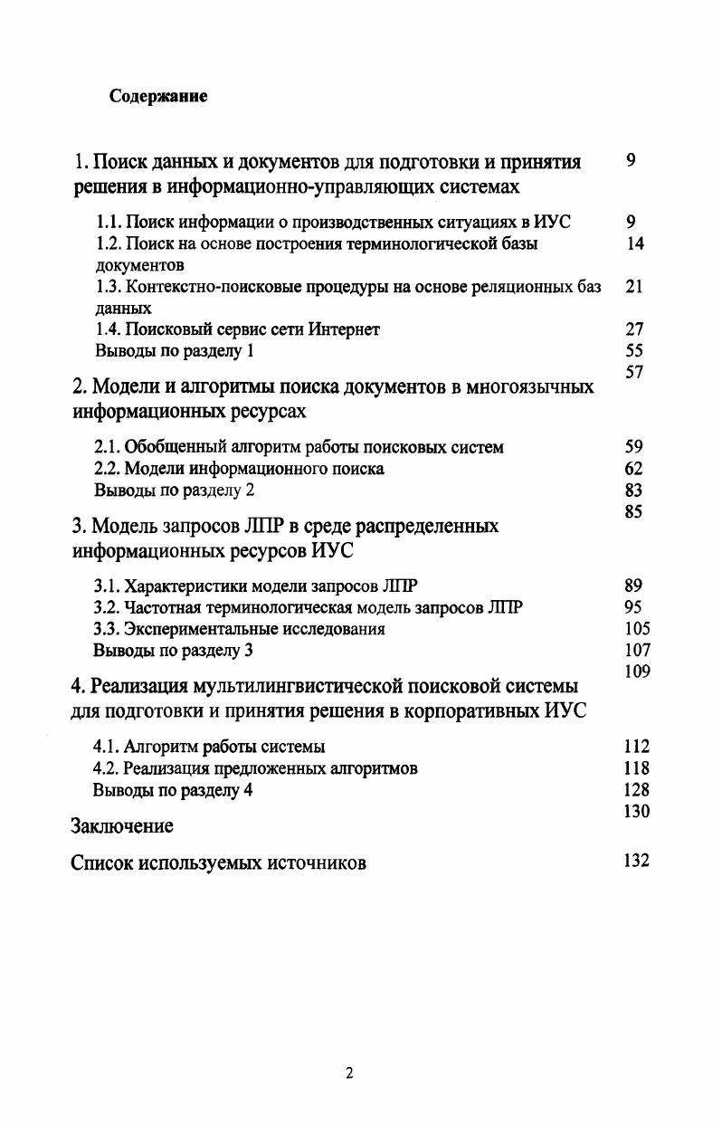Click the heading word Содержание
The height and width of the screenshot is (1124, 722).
158,96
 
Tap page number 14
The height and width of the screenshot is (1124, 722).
635,243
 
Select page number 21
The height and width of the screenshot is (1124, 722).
634,286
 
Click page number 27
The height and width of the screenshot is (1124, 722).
634,329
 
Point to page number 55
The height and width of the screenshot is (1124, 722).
634,351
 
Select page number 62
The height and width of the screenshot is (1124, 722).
634,469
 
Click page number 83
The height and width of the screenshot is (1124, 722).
634,491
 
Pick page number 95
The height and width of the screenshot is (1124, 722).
634,606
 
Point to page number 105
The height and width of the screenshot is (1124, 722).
637,628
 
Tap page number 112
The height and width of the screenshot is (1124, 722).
637,747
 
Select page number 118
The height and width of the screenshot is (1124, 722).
637,768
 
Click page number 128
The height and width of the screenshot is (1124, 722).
637,790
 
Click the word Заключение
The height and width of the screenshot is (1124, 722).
122,826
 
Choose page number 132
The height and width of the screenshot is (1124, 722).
637,861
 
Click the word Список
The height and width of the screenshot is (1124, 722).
102,863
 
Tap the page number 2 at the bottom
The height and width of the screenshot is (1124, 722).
349,1073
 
